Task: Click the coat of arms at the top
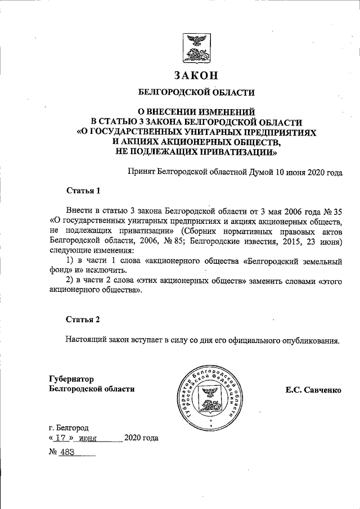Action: click(x=196, y=49)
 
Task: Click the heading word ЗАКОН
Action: click(x=196, y=75)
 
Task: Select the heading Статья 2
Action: click(x=83, y=319)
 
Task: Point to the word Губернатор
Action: click(x=71, y=379)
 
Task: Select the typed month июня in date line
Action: click(x=89, y=438)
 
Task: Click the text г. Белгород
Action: click(x=69, y=427)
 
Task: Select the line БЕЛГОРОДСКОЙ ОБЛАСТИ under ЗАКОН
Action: click(x=196, y=92)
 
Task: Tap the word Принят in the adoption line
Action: click(x=141, y=173)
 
